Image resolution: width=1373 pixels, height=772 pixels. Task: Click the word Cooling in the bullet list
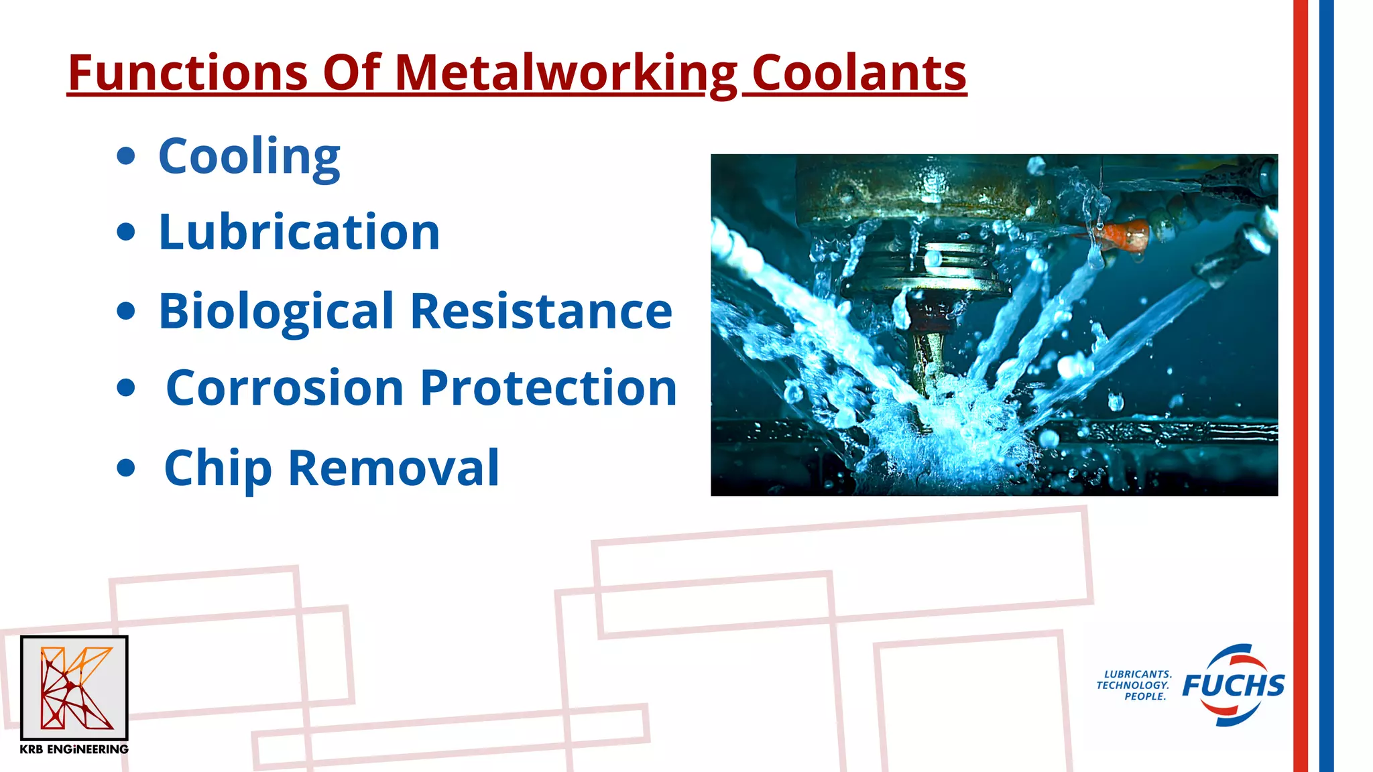click(x=249, y=156)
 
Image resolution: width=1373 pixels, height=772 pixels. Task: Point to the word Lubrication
click(x=299, y=232)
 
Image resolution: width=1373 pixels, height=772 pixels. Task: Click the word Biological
click(x=276, y=312)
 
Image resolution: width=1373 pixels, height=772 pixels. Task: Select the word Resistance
click(x=541, y=312)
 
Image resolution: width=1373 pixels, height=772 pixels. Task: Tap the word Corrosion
click(x=285, y=388)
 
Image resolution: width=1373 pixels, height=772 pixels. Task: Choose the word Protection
click(x=548, y=388)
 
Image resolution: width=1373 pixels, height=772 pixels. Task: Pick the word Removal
click(x=394, y=468)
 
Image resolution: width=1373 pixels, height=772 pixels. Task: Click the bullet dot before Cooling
click(x=126, y=157)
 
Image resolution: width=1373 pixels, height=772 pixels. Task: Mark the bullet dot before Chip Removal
click(x=126, y=467)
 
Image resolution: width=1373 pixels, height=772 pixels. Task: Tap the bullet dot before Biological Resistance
click(x=126, y=311)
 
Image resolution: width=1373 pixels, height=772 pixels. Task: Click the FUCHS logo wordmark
click(x=1234, y=686)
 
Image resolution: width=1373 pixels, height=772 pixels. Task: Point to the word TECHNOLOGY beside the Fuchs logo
click(x=1132, y=686)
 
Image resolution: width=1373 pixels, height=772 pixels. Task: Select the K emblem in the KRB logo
click(x=74, y=688)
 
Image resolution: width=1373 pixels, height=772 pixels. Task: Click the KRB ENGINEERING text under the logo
click(x=74, y=749)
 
